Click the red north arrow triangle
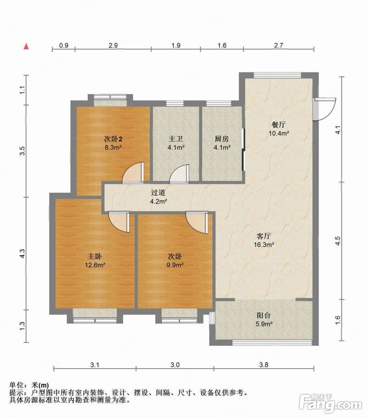point(26,46)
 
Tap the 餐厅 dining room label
point(279,125)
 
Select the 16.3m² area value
point(264,245)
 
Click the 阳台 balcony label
point(264,316)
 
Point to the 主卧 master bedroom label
point(95,256)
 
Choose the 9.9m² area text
point(175,265)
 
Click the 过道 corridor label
point(158,193)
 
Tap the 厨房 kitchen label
point(222,139)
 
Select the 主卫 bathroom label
point(176,139)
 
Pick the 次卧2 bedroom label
point(113,139)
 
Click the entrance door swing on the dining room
point(324,109)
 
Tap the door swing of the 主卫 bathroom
point(179,174)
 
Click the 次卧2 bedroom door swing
point(133,172)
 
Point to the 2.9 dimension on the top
point(113,45)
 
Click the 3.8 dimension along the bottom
point(264,365)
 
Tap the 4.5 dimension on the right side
point(338,241)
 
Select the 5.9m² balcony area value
point(264,324)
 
